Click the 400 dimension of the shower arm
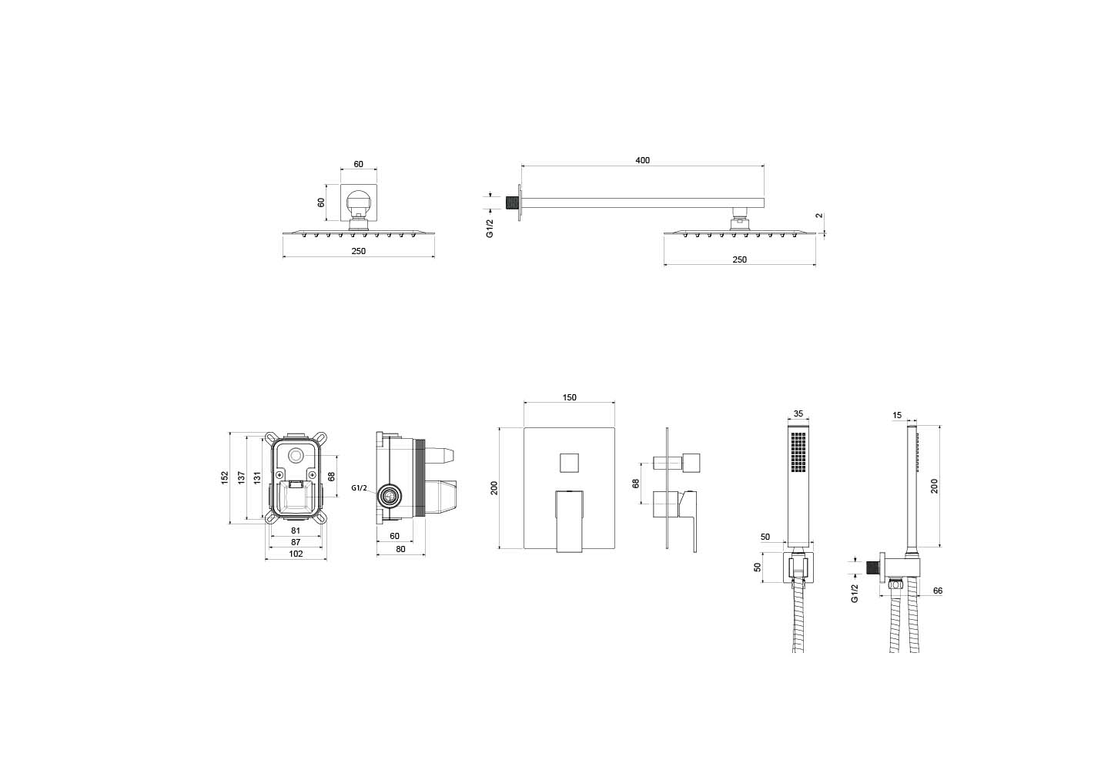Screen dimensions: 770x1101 (x=642, y=160)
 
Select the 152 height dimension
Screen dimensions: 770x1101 (x=225, y=478)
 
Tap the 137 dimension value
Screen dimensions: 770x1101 (x=241, y=478)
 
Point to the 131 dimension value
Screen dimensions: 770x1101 (x=256, y=478)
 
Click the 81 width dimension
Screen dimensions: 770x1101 (x=296, y=531)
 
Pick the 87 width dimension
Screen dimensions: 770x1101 (x=296, y=542)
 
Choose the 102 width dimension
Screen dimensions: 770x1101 (x=296, y=554)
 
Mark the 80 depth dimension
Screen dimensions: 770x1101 (x=400, y=549)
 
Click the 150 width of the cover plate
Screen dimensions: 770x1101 (x=569, y=397)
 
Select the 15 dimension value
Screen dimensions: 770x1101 (x=897, y=416)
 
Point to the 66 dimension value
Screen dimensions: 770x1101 (x=938, y=591)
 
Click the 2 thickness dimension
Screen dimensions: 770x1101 (x=821, y=216)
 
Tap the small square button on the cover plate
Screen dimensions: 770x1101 (x=569, y=463)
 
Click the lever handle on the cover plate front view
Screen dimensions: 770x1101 (x=569, y=520)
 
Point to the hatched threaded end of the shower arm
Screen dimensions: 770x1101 (x=510, y=203)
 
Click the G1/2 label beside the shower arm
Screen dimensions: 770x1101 (x=490, y=228)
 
